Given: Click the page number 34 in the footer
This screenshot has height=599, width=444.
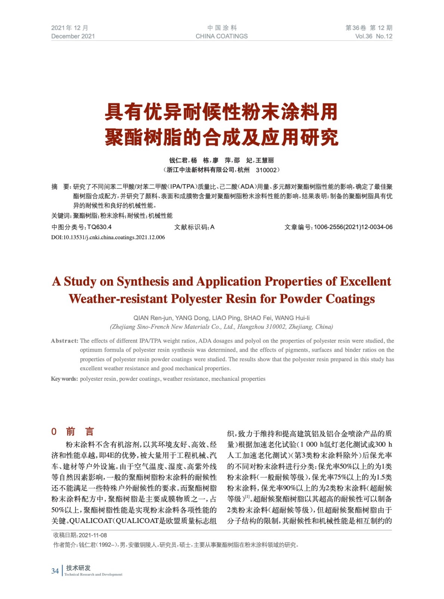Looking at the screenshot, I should (55, 571).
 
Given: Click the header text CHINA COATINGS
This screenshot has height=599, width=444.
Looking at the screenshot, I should (221, 36).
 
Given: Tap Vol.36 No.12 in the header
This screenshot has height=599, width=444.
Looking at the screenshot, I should (373, 36).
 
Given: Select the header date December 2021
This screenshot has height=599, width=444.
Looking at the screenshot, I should (73, 36).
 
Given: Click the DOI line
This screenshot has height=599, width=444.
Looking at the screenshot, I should (108, 237).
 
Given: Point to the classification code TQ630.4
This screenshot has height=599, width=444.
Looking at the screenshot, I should (99, 227).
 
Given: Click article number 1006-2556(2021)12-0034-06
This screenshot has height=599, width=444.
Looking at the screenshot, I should (353, 227).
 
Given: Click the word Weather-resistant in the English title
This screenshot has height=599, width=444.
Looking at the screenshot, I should (118, 299).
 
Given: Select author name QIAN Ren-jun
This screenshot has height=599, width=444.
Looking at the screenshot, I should (152, 318).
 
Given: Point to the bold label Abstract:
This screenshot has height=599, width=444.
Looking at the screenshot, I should (64, 341).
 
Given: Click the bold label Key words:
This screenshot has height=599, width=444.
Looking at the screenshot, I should (64, 379).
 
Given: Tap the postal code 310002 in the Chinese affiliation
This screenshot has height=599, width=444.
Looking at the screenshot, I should (266, 170).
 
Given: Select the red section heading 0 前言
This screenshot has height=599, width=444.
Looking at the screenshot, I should (73, 432).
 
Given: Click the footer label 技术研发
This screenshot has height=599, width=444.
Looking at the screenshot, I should (78, 568).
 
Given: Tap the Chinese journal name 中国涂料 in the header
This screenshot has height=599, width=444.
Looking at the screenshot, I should (222, 28).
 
